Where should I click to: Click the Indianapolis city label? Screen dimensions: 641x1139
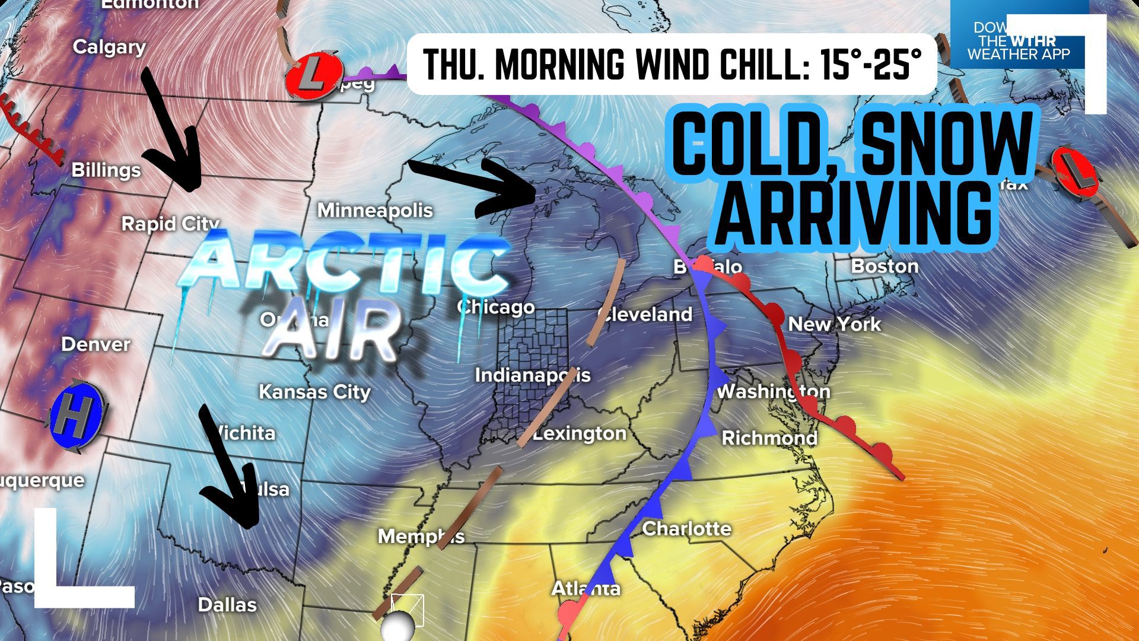point(532,375)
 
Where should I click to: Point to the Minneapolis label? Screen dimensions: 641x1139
point(375,211)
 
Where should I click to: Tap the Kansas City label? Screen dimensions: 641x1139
point(314,392)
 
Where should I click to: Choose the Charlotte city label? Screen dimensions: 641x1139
point(686,528)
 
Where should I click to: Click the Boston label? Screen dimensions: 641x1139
point(885,266)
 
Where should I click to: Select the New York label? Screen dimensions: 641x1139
point(834,324)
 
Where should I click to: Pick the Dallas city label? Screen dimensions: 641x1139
point(227,605)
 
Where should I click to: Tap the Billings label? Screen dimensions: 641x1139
point(106,170)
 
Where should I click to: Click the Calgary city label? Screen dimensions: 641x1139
point(109,47)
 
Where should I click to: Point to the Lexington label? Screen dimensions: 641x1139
point(580,434)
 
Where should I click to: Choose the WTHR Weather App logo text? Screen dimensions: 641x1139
point(1018,42)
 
